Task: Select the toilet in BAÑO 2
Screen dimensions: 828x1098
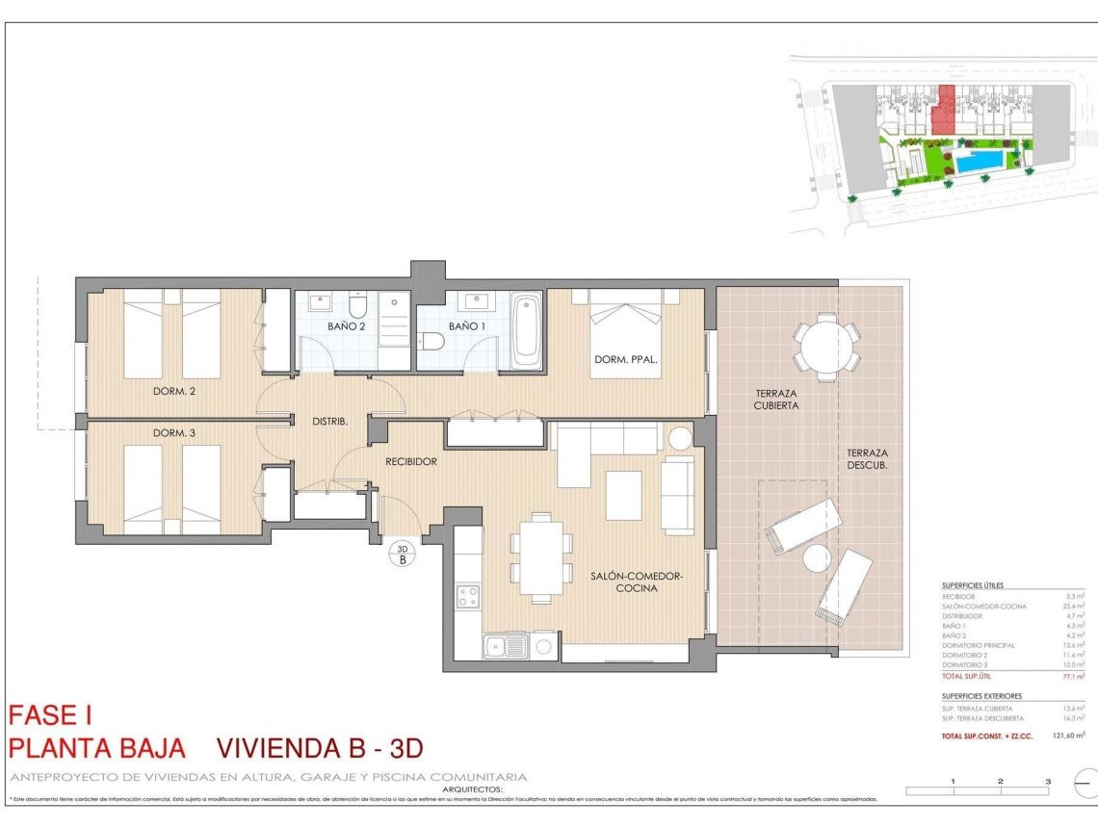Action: coord(358,307)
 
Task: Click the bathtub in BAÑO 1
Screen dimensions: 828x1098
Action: coord(526,331)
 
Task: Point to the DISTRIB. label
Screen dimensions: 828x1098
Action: coord(328,422)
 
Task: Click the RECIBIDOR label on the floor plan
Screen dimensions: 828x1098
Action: coord(411,461)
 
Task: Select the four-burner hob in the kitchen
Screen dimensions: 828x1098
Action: coord(468,596)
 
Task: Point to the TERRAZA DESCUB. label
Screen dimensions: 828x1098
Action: coord(867,459)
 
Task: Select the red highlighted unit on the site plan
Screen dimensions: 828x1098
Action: coord(945,110)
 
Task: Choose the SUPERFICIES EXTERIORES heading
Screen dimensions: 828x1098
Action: coord(981,695)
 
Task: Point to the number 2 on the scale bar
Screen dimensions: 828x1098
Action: coord(1001,781)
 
